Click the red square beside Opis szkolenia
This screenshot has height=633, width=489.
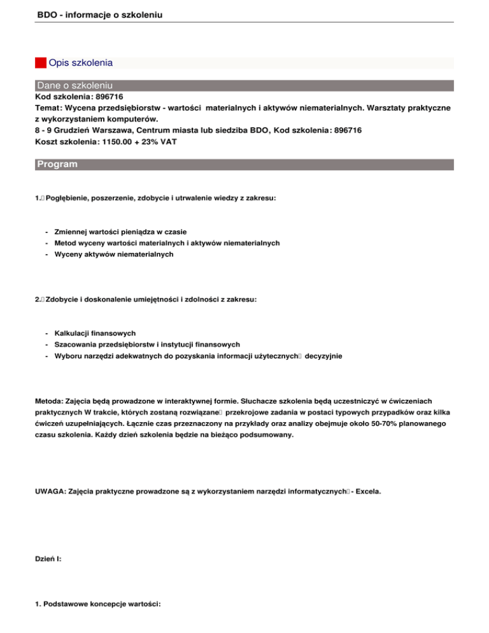click(x=41, y=63)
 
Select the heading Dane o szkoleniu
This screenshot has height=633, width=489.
click(x=75, y=85)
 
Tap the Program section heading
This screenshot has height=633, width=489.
click(x=57, y=164)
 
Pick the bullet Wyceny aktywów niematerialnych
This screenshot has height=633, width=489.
click(x=113, y=254)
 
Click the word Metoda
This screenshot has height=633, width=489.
click(x=48, y=401)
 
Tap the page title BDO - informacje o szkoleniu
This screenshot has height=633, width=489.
click(x=96, y=11)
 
